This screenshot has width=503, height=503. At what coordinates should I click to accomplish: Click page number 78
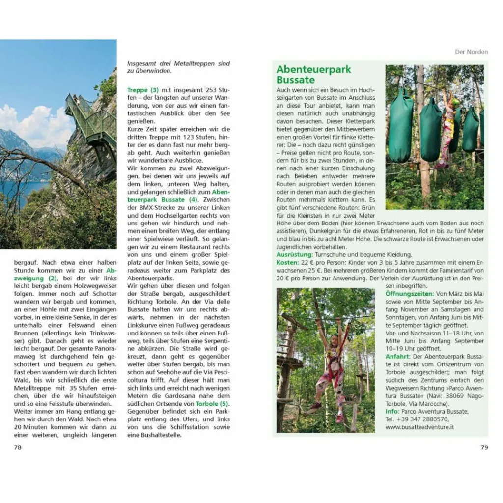18,447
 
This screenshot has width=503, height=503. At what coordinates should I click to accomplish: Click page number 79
484,447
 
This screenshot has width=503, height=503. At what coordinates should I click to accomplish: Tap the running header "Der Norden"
472,52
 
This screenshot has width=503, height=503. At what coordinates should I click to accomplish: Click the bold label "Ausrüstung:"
294,255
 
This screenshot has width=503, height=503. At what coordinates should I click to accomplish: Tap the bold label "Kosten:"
287,263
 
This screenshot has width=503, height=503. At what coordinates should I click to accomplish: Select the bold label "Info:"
392,411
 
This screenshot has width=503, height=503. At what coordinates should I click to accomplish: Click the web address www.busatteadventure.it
419,427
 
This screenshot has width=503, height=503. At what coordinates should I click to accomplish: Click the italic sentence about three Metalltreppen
178,67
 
